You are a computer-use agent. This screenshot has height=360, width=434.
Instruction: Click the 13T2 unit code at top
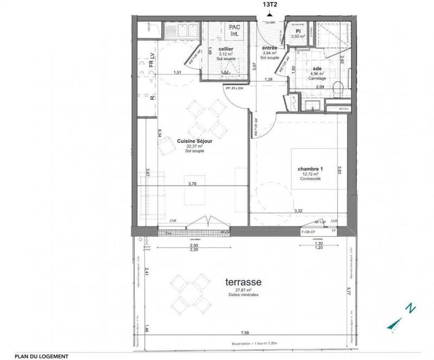pos(269,5)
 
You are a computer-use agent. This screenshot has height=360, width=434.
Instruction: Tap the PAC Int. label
pos(234,31)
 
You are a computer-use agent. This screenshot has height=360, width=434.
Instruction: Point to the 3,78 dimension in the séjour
pos(192,184)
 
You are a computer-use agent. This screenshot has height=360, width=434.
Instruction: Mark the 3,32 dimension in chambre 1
pos(298,210)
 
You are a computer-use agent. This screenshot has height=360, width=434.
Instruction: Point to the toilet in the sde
pos(336,88)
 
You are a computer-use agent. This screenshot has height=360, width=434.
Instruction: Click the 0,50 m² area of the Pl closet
pos(298,36)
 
